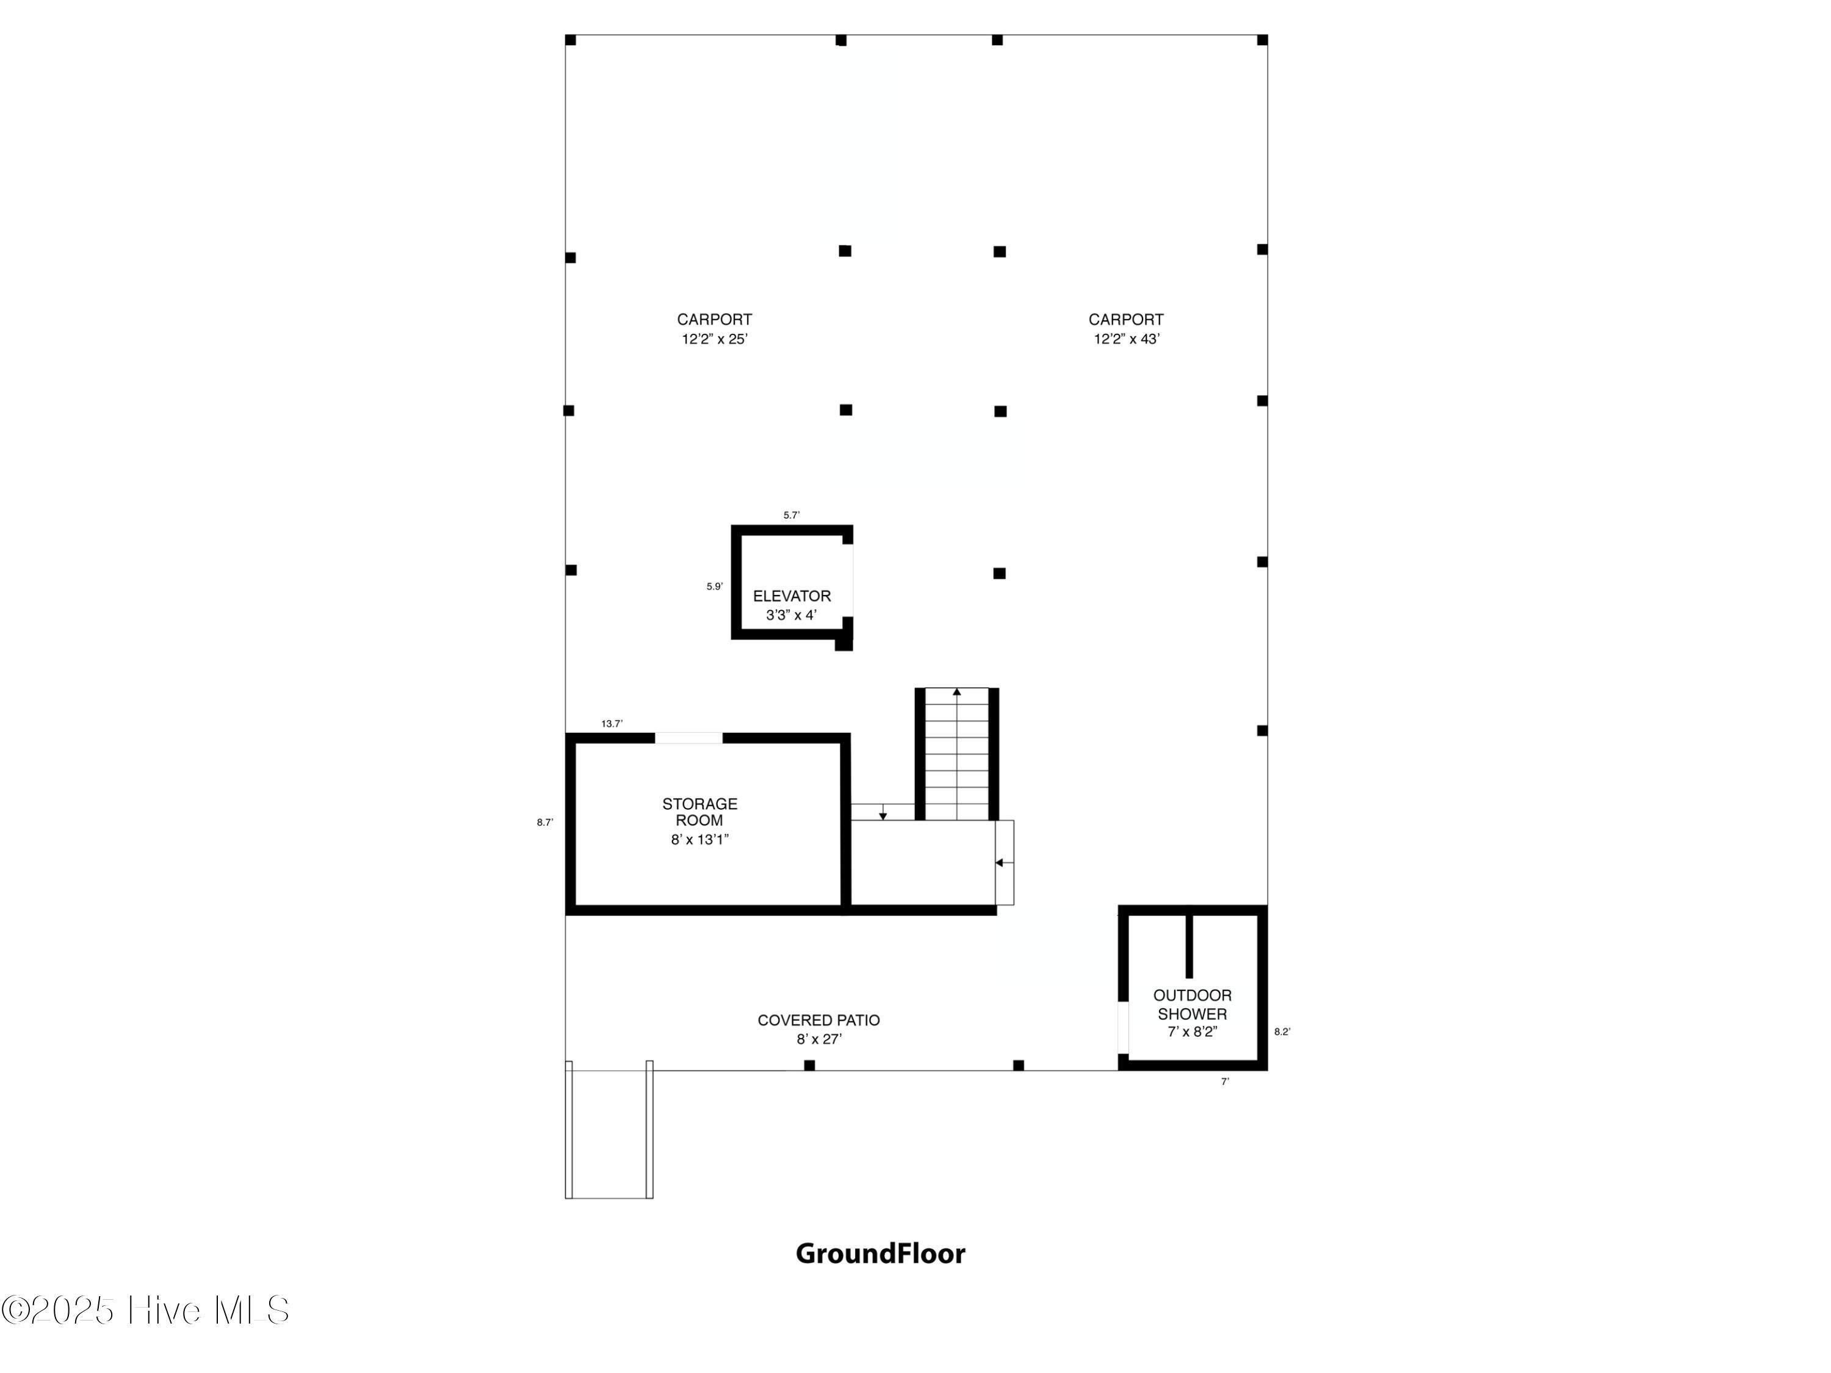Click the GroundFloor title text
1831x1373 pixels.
click(880, 1253)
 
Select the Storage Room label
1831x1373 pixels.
click(699, 821)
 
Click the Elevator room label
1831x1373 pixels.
click(792, 605)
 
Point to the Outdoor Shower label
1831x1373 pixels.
click(1192, 1013)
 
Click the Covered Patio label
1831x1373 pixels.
click(818, 1029)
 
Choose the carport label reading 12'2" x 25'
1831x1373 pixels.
click(714, 328)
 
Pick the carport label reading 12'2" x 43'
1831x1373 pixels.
click(1125, 328)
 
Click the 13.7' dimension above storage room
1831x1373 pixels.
click(612, 723)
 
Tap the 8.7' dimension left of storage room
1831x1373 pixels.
click(544, 823)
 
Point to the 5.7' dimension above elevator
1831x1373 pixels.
click(792, 515)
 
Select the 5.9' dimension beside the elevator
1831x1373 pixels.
click(714, 587)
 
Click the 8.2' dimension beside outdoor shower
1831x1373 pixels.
click(1281, 1032)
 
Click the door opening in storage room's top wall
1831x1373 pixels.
click(688, 737)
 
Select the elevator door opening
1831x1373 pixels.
click(848, 580)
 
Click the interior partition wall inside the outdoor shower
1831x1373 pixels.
click(1190, 945)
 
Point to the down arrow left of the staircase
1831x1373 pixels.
click(883, 815)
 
